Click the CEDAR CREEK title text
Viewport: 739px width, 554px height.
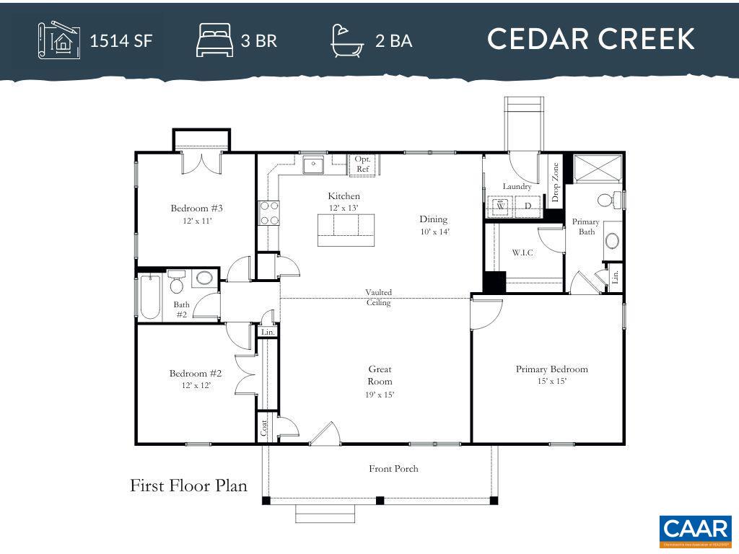click(590, 39)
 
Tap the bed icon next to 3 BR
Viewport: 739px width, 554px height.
click(214, 40)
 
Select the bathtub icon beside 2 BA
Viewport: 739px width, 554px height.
click(348, 40)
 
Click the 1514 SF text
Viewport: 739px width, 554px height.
click(121, 40)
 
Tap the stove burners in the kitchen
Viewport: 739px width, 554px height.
click(269, 214)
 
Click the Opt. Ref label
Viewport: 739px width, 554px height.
click(362, 164)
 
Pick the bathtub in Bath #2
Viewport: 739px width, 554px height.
click(150, 296)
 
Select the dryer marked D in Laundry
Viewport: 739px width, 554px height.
click(528, 206)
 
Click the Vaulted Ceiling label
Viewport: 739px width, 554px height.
click(378, 297)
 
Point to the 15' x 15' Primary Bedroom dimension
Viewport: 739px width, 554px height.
click(551, 381)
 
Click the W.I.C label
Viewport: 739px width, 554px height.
click(522, 252)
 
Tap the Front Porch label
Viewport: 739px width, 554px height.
click(393, 469)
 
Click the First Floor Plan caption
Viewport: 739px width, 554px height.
click(188, 485)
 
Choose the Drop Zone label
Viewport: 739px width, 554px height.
click(555, 182)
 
